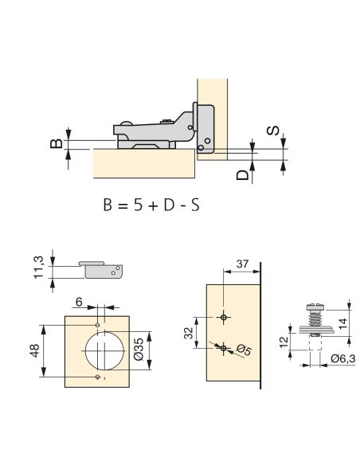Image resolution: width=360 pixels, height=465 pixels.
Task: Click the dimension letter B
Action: point(57,143)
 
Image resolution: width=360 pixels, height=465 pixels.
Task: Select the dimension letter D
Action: point(243,175)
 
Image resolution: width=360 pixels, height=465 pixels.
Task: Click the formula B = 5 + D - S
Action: point(151,205)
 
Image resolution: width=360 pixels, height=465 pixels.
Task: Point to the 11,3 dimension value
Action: point(38,268)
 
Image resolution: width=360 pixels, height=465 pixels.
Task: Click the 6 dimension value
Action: point(79,303)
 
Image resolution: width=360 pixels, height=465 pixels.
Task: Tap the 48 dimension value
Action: point(35,350)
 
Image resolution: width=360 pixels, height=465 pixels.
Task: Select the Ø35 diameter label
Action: point(139,349)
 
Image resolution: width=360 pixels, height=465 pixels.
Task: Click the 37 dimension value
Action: point(242,264)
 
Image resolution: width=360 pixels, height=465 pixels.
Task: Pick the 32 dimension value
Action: point(189,333)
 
